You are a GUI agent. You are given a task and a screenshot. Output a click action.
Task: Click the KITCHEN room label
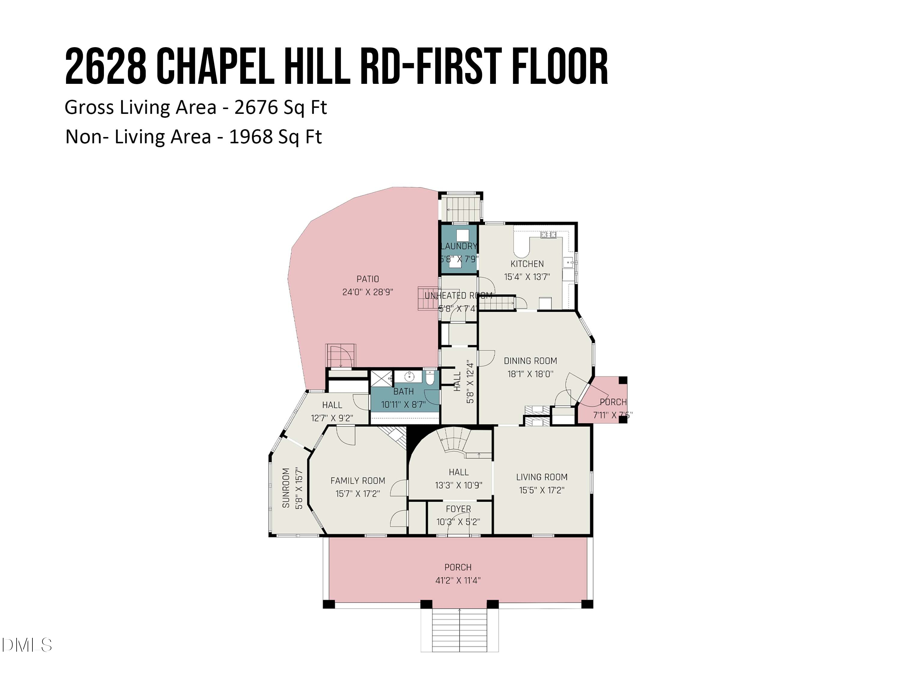527,263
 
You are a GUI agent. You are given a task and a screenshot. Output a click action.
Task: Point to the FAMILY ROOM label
358,480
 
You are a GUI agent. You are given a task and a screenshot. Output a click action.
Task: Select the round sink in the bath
409,376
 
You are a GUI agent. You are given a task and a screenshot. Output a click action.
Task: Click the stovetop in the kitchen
548,235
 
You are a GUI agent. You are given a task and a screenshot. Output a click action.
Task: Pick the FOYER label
458,509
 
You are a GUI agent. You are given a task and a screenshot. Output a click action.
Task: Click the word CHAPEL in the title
215,66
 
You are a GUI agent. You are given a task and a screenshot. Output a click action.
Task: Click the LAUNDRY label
459,246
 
